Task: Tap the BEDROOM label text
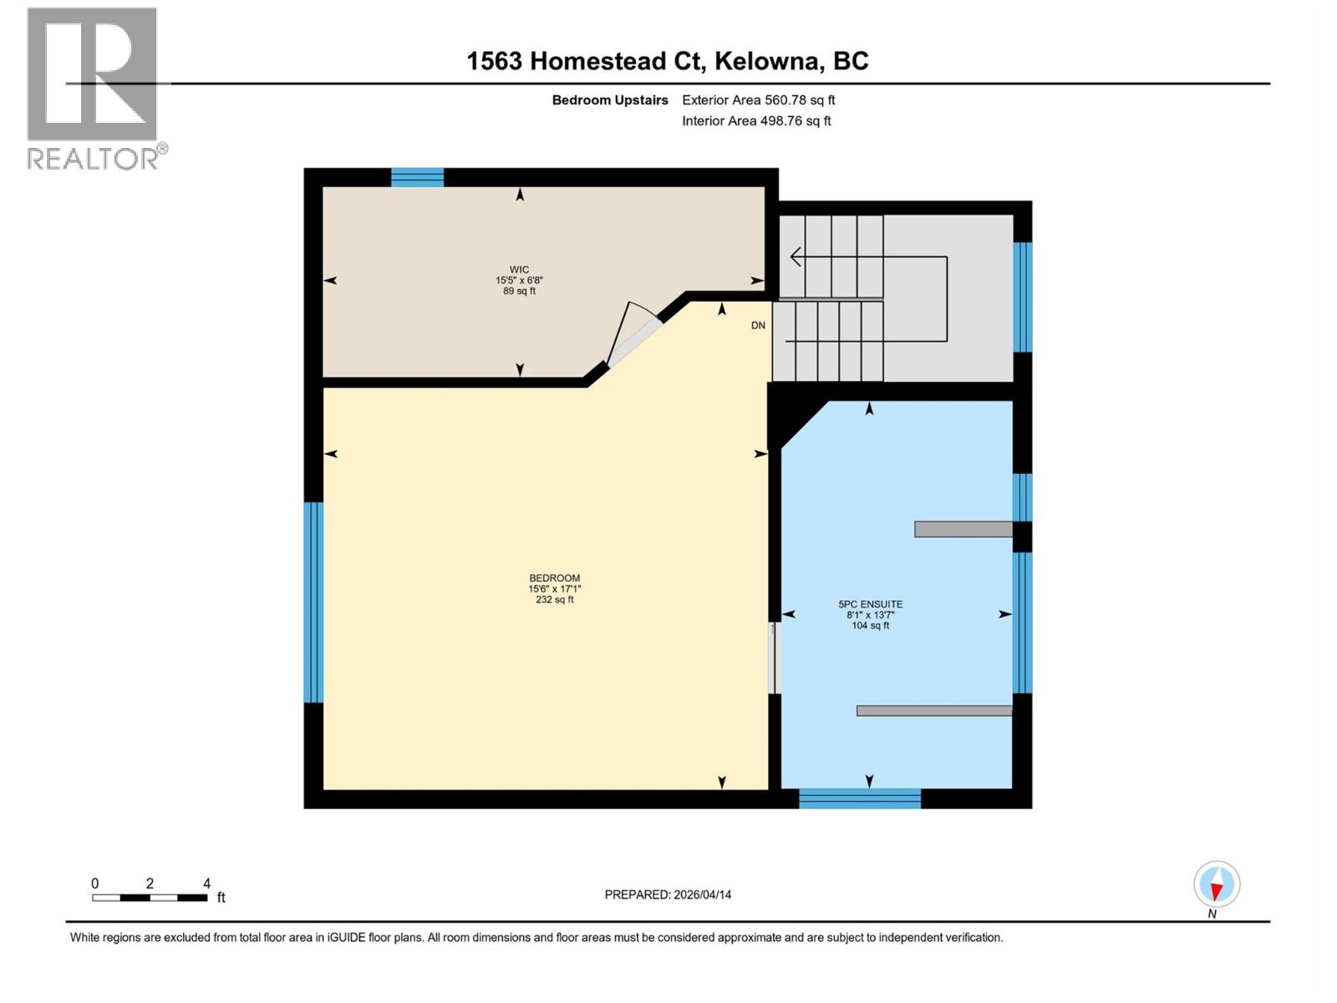coord(554,578)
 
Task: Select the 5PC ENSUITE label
coord(870,604)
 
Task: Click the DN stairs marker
coord(758,325)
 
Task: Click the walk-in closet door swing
coord(632,333)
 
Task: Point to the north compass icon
coord(1216,884)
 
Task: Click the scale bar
coord(150,898)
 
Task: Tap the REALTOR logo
coord(94,89)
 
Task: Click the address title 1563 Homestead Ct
coord(667,61)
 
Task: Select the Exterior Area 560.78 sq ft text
coord(758,100)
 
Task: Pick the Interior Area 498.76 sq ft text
coord(756,121)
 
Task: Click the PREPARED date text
coord(668,894)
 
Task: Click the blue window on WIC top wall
coord(417,176)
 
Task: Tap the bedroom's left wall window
coord(313,602)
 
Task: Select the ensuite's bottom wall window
coord(860,798)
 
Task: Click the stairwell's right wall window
coord(1022,297)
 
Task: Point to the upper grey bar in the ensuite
coord(963,529)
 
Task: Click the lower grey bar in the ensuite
coord(933,710)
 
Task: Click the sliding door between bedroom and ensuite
coord(773,658)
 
